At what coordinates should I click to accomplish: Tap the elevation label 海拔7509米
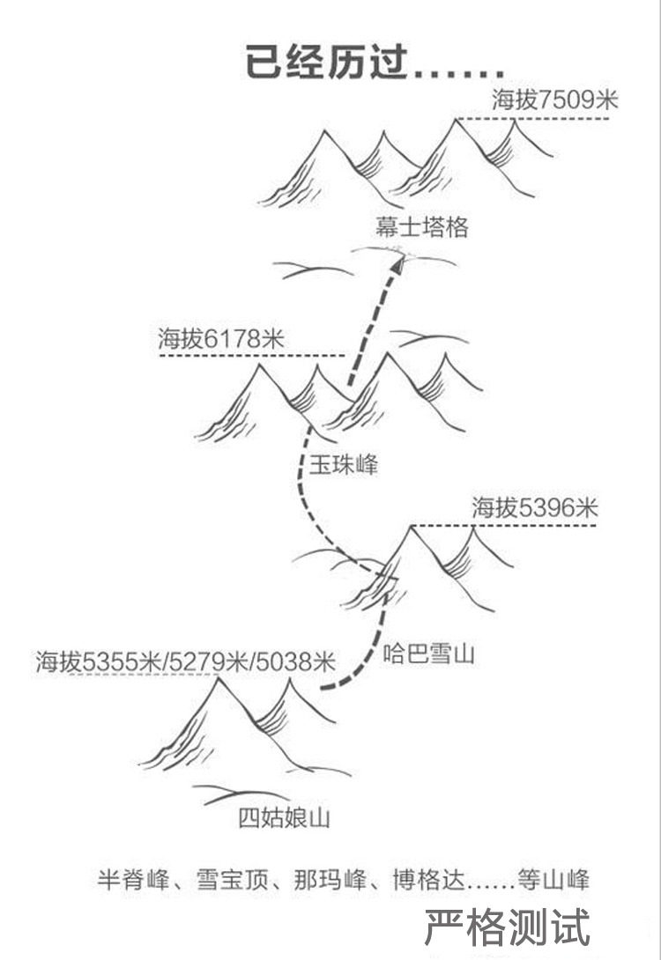point(555,100)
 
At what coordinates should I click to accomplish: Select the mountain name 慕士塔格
point(420,228)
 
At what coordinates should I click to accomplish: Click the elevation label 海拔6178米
point(221,338)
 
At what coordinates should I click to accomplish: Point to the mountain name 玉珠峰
point(343,465)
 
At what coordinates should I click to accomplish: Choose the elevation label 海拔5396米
point(534,507)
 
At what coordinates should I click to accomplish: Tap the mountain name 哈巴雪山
point(429,654)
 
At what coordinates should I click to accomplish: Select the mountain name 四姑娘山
point(284,818)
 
